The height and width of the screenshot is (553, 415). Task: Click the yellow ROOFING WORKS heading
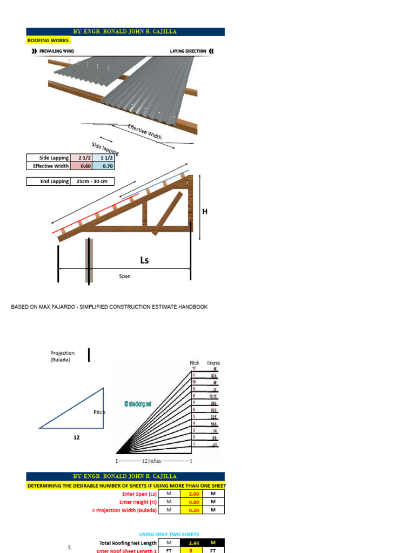pyautogui.click(x=46, y=40)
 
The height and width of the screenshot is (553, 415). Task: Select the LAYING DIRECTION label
pyautogui.click(x=188, y=51)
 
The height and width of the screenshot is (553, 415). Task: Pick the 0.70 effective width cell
pyautogui.click(x=107, y=166)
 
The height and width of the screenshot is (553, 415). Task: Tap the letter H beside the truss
pyautogui.click(x=205, y=212)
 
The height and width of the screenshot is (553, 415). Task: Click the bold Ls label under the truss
pyautogui.click(x=144, y=260)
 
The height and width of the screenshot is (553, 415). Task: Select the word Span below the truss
pyautogui.click(x=125, y=276)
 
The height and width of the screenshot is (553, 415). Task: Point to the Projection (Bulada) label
pyautogui.click(x=63, y=356)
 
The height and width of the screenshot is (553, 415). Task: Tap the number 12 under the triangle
pyautogui.click(x=77, y=438)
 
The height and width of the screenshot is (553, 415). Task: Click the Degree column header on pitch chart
pyautogui.click(x=213, y=363)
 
